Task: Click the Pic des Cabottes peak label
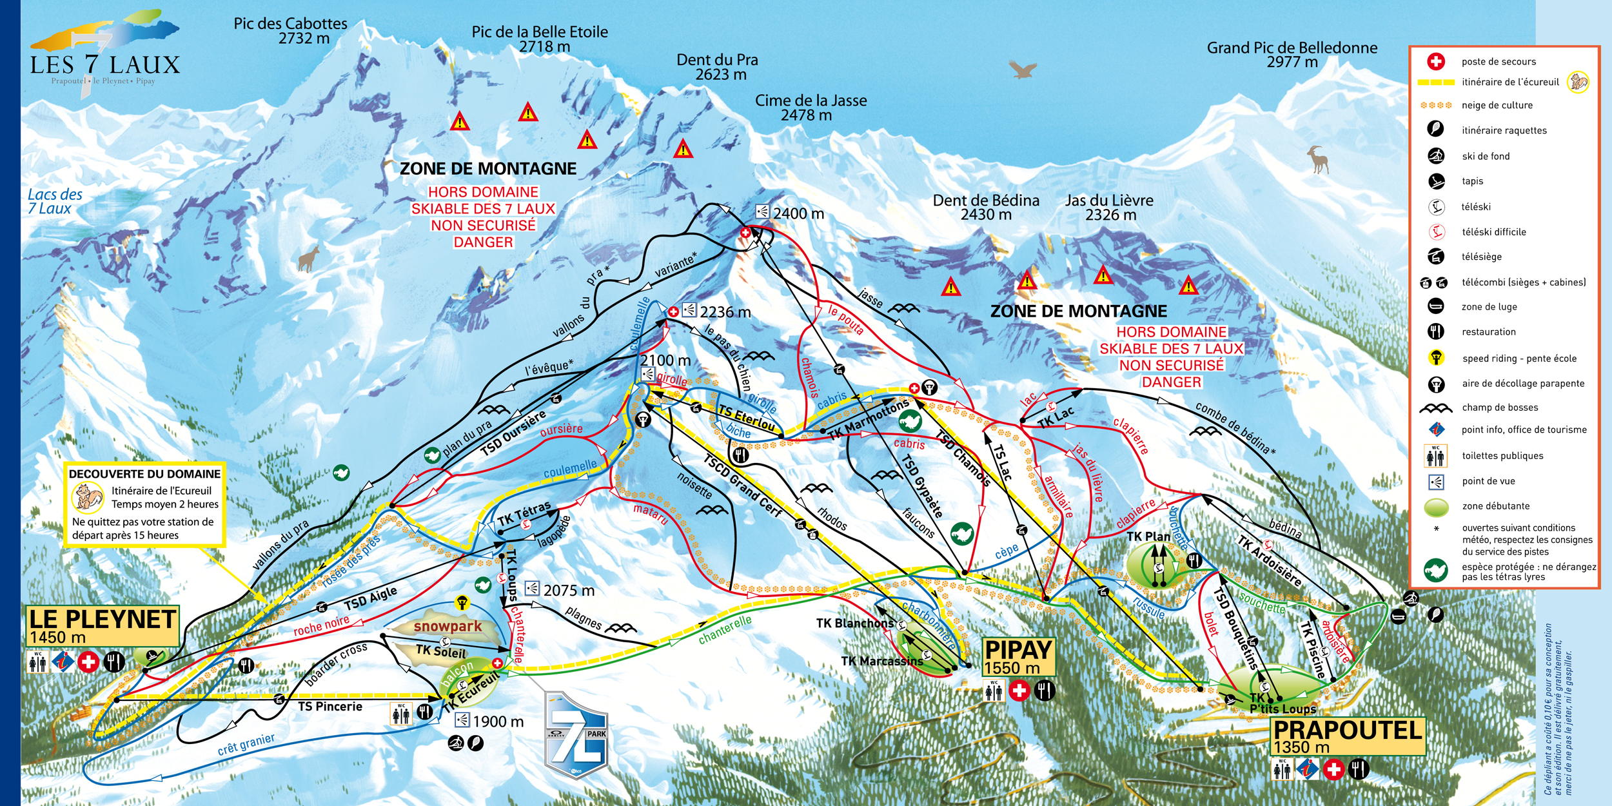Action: pos(290,31)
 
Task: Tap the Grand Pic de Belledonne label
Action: pos(1292,55)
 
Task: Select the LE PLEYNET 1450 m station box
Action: pos(102,625)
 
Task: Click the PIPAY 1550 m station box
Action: pos(1018,656)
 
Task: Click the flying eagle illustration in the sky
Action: pos(1023,68)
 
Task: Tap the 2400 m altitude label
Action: pos(798,214)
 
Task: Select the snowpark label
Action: pos(447,626)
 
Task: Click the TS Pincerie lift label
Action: pos(330,707)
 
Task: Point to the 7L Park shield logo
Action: pos(576,735)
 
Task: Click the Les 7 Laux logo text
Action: pos(105,65)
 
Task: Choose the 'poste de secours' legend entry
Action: pos(1498,62)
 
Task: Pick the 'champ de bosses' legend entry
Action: pos(1499,408)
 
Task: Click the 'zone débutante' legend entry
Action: pos(1495,506)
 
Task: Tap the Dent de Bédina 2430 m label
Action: pos(986,208)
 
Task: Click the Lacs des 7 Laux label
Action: pos(54,201)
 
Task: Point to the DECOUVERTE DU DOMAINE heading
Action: pos(144,474)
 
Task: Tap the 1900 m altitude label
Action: pos(498,722)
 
